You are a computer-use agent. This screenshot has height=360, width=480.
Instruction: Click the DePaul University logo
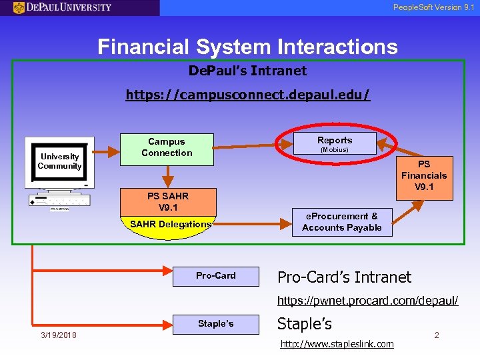click(63, 7)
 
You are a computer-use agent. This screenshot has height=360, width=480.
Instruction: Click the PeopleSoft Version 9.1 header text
click(433, 7)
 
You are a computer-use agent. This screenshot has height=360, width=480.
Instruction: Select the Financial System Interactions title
click(247, 47)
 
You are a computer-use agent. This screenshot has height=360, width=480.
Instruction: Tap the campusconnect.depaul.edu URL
click(247, 95)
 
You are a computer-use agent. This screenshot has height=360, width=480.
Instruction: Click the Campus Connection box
click(167, 147)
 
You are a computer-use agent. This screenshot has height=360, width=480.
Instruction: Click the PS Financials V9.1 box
click(424, 175)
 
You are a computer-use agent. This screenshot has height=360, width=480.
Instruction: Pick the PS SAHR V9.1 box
click(167, 201)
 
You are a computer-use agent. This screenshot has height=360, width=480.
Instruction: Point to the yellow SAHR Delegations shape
click(169, 225)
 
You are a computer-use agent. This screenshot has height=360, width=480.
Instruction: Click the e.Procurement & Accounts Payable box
click(342, 222)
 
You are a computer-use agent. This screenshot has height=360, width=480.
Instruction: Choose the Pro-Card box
click(215, 275)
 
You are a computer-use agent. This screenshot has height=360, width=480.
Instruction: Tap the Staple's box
click(215, 324)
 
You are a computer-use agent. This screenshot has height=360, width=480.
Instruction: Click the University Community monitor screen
click(59, 162)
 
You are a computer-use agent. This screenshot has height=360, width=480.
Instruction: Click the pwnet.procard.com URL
click(367, 301)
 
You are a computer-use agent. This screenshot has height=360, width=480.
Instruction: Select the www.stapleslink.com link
click(337, 344)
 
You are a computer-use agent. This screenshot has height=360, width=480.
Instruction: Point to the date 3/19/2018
click(58, 335)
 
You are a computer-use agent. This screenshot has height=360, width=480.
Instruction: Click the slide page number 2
click(437, 335)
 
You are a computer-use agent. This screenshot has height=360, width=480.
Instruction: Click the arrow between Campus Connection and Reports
click(254, 142)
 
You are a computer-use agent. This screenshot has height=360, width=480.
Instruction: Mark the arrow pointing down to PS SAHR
click(168, 175)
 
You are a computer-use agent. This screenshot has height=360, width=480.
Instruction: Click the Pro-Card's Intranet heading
click(344, 277)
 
